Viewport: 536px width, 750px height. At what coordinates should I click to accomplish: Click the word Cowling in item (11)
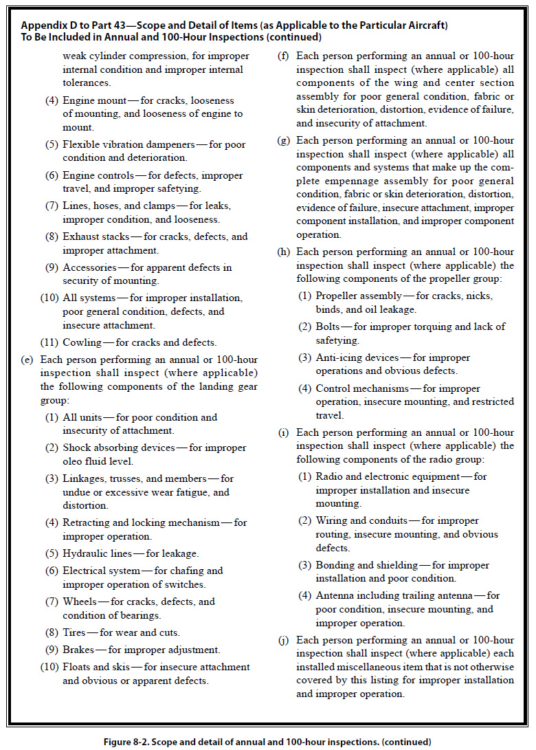click(82, 342)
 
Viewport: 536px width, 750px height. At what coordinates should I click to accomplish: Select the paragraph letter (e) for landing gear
click(27, 360)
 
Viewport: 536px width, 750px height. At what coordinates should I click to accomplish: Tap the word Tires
click(76, 632)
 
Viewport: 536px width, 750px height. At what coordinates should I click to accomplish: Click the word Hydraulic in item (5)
click(86, 553)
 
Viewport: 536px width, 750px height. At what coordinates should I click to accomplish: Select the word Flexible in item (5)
click(82, 144)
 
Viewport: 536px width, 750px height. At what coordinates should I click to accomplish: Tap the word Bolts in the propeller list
click(329, 327)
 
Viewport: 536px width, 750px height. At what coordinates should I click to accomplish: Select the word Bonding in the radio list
click(336, 565)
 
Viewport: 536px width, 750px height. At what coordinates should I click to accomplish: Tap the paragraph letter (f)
click(283, 56)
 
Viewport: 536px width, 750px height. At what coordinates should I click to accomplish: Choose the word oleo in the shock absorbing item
click(74, 462)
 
